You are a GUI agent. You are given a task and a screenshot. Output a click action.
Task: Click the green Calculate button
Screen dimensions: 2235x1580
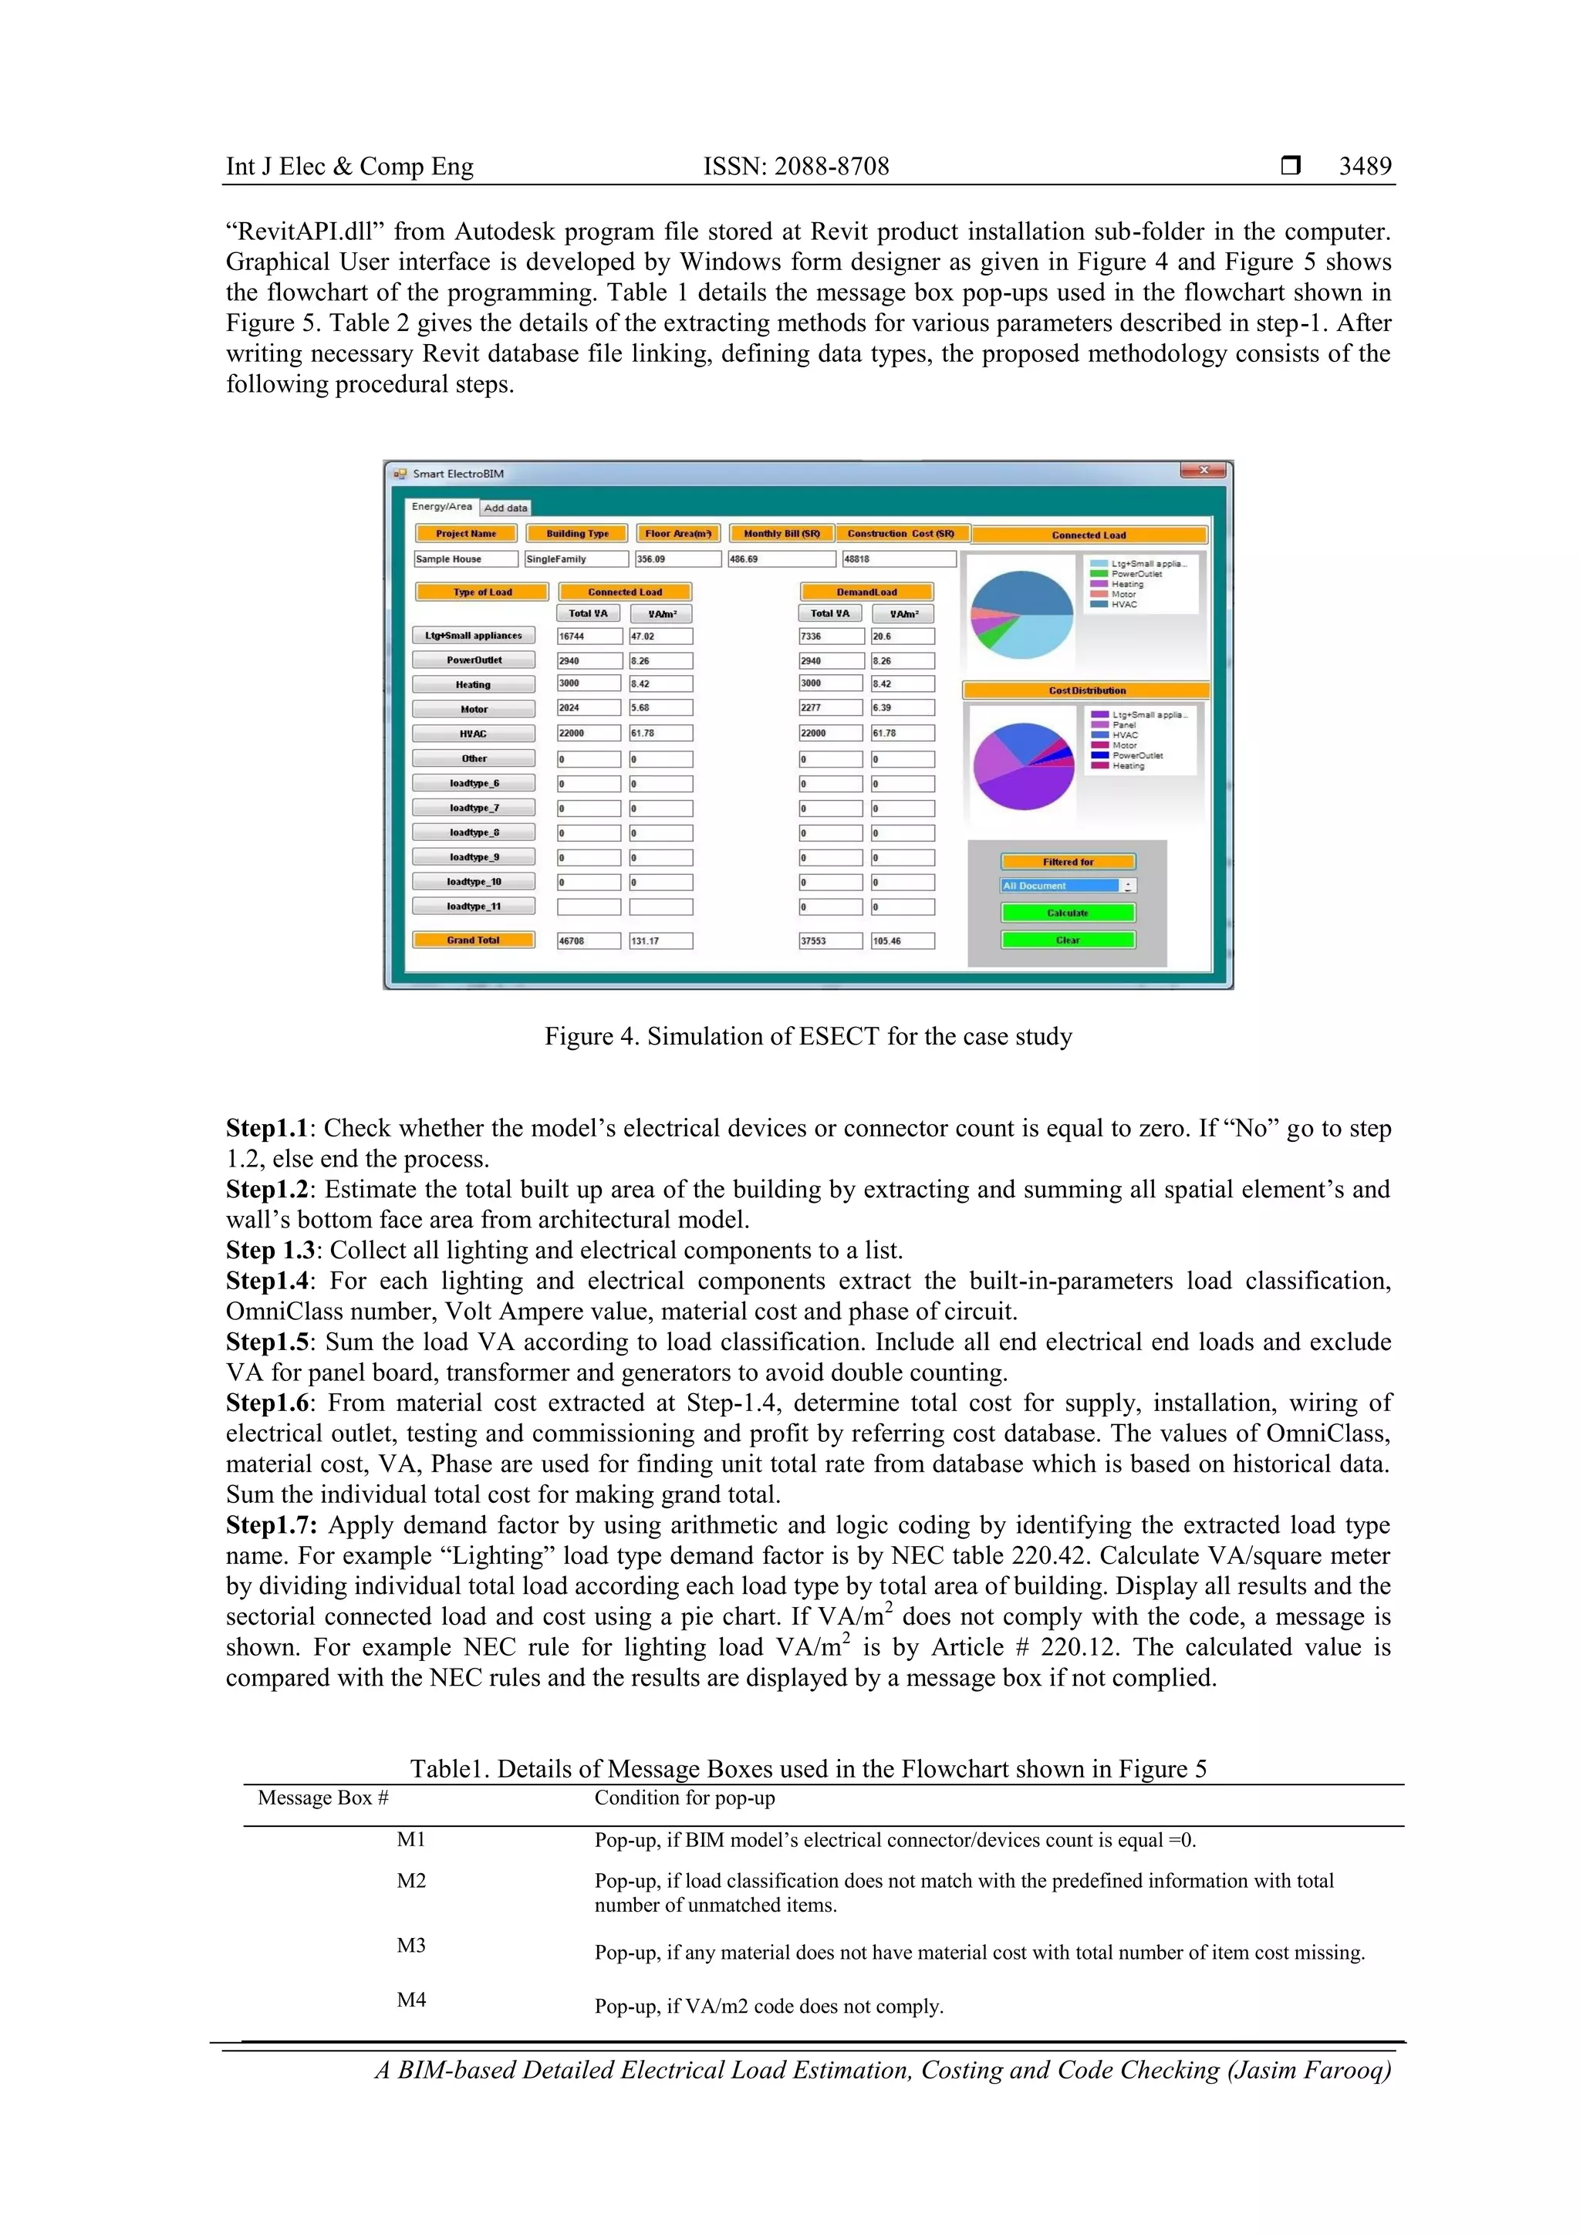pyautogui.click(x=1067, y=912)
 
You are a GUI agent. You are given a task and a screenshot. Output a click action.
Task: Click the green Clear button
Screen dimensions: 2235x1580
pyautogui.click(x=1067, y=940)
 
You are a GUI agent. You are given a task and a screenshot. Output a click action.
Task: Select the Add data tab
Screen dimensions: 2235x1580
pyautogui.click(x=505, y=507)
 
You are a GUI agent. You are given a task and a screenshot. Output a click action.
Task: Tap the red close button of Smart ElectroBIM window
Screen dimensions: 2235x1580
pyautogui.click(x=1204, y=470)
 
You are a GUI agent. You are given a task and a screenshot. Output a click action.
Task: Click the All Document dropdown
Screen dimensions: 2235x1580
pyautogui.click(x=1067, y=886)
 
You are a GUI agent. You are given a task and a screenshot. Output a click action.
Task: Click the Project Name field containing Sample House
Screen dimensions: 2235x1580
pyautogui.click(x=465, y=559)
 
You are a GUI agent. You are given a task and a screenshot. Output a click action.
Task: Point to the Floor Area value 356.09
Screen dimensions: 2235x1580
pyautogui.click(x=677, y=559)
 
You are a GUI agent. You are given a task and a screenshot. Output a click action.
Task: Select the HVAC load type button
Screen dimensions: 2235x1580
pyautogui.click(x=473, y=733)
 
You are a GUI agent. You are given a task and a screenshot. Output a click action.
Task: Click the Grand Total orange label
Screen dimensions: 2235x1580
pyautogui.click(x=473, y=940)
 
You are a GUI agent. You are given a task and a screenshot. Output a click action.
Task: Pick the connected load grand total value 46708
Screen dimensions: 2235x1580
pyautogui.click(x=587, y=940)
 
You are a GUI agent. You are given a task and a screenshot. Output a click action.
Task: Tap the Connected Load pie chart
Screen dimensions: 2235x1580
pyautogui.click(x=1021, y=614)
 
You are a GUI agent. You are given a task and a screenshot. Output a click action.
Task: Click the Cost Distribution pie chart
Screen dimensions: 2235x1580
pyautogui.click(x=1023, y=766)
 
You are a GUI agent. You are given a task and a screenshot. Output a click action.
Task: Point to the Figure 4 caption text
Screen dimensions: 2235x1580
pyautogui.click(x=807, y=1036)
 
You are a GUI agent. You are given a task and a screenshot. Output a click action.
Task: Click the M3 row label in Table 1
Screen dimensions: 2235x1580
pyautogui.click(x=411, y=1944)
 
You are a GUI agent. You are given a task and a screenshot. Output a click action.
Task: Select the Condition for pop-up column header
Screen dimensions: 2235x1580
pyautogui.click(x=684, y=1797)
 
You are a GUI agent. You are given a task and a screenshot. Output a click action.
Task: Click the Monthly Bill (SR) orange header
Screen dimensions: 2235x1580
pyautogui.click(x=781, y=533)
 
